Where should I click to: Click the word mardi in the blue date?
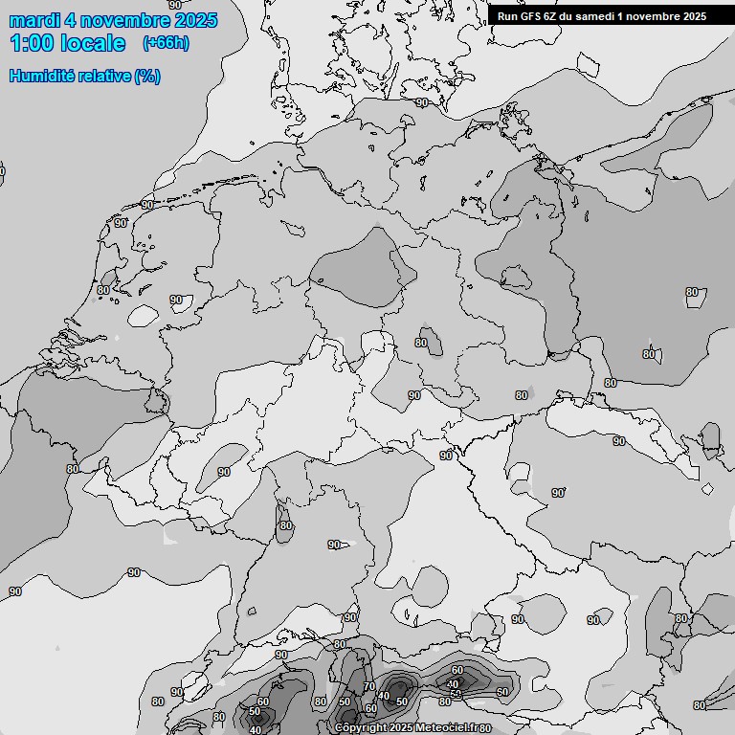[x=34, y=20]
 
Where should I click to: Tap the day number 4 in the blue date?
[x=71, y=20]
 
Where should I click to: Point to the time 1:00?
[x=30, y=43]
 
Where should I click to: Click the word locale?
[x=92, y=43]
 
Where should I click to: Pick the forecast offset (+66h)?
[x=166, y=43]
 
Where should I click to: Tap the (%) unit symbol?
[x=147, y=76]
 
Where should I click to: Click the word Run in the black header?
[x=507, y=15]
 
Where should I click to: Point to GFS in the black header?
[x=530, y=15]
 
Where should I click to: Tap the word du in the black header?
[x=570, y=15]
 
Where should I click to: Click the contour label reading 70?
[x=368, y=687]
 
